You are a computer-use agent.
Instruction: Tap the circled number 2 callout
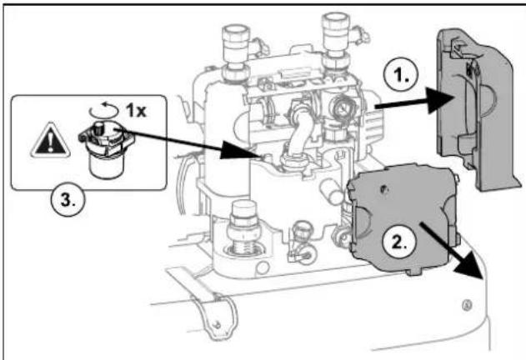[x=398, y=241]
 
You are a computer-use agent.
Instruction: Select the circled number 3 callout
[x=68, y=200]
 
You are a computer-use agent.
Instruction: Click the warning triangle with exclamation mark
[x=50, y=141]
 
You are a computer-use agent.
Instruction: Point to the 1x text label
[x=136, y=110]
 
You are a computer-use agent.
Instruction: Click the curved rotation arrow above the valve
[x=104, y=109]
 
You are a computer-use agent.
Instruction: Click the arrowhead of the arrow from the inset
[x=236, y=150]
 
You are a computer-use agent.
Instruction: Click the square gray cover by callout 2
[x=403, y=218]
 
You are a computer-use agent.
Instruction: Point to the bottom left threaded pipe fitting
[x=243, y=229]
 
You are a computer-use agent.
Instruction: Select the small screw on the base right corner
[x=466, y=305]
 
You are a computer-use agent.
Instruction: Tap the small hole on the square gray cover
[x=383, y=189]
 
